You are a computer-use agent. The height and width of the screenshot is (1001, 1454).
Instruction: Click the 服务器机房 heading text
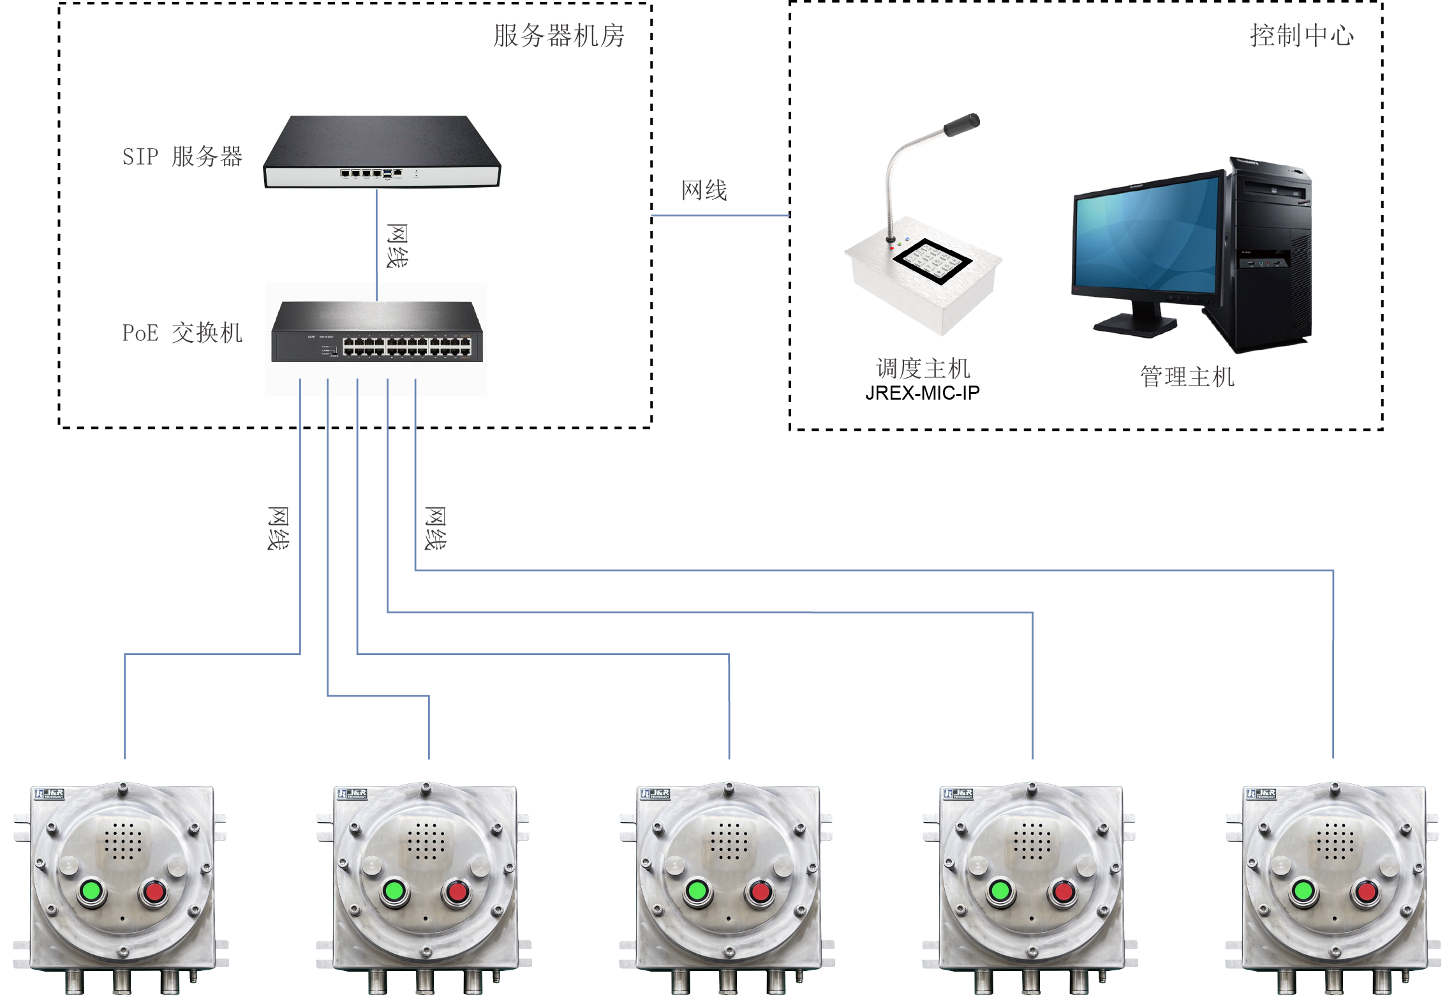pyautogui.click(x=558, y=36)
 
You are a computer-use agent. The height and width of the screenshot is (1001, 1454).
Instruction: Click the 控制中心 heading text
pyautogui.click(x=1301, y=36)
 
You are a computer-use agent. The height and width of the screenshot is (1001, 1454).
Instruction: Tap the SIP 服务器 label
pyautogui.click(x=182, y=156)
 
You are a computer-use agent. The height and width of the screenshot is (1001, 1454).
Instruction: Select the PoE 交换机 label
pyautogui.click(x=182, y=333)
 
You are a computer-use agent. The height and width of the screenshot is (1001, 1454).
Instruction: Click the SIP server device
pyautogui.click(x=382, y=153)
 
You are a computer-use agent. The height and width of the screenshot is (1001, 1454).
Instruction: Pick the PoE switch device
pyautogui.click(x=377, y=333)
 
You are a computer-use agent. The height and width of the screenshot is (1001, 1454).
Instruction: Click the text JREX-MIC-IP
pyautogui.click(x=922, y=393)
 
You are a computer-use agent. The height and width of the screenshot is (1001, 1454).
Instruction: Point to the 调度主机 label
pyautogui.click(x=923, y=368)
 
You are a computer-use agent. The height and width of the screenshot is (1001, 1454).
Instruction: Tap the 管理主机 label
pyautogui.click(x=1187, y=377)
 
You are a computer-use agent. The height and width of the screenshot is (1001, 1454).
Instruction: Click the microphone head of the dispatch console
pyautogui.click(x=962, y=124)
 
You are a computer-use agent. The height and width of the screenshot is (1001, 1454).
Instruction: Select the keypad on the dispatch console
pyautogui.click(x=931, y=260)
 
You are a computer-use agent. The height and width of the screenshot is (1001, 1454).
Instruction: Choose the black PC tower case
pyautogui.click(x=1270, y=255)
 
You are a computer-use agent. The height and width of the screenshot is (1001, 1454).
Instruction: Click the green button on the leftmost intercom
pyautogui.click(x=92, y=891)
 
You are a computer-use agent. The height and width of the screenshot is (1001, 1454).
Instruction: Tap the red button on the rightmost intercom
pyautogui.click(x=1366, y=891)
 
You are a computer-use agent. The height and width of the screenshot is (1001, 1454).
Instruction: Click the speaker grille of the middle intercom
pyautogui.click(x=729, y=840)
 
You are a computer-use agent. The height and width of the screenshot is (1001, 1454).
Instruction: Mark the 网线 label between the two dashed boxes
pyautogui.click(x=704, y=190)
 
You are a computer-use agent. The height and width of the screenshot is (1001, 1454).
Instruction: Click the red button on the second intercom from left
pyautogui.click(x=457, y=891)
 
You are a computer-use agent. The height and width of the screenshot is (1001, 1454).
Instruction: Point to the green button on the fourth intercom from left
pyautogui.click(x=1000, y=891)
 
